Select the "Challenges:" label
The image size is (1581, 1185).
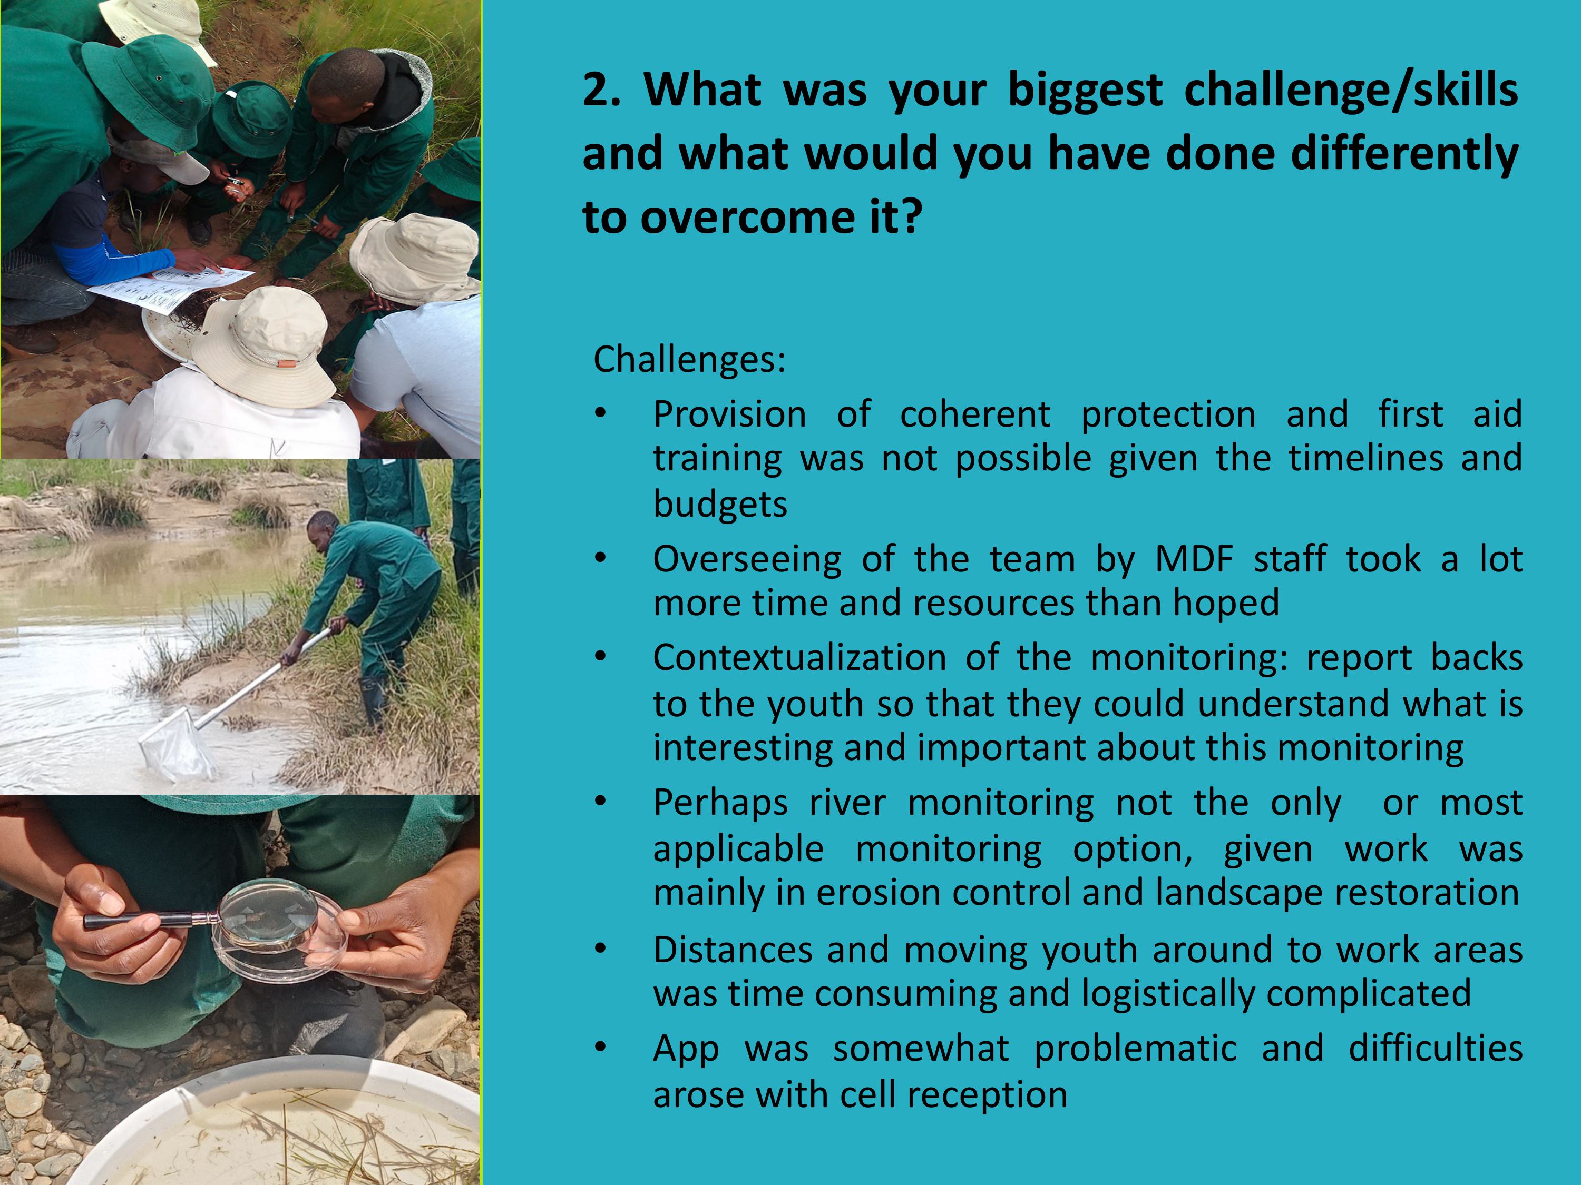[x=689, y=359]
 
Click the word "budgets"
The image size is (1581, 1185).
[x=720, y=505]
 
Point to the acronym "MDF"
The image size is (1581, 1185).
[x=1194, y=559]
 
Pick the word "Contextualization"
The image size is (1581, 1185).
[x=799, y=657]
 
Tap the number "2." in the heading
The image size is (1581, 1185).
[x=602, y=92]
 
